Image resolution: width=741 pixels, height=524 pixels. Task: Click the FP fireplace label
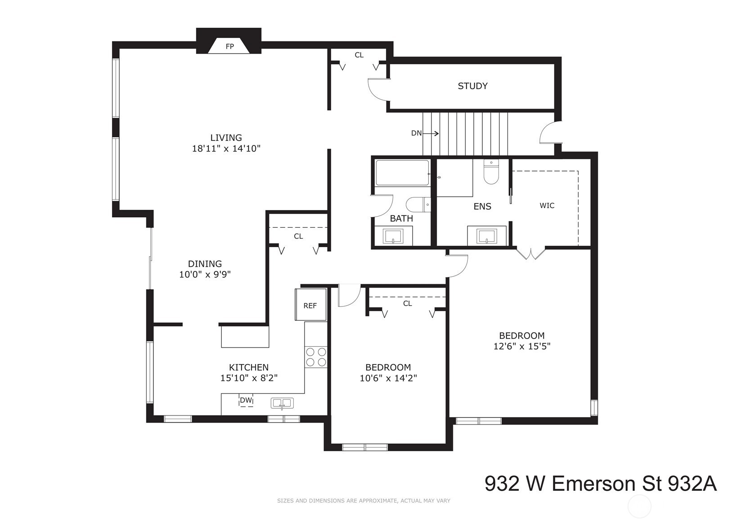tap(229, 46)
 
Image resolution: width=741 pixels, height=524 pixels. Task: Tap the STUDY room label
tap(472, 86)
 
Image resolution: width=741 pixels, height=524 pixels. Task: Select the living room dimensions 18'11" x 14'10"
tap(226, 149)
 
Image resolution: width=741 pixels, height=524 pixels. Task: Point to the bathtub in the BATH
tap(402, 173)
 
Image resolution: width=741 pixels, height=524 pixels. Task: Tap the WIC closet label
tap(547, 206)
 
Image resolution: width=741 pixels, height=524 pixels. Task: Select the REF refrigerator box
tap(310, 305)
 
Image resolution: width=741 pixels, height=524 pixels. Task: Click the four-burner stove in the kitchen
tap(316, 357)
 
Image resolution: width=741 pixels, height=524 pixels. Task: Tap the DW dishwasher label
tap(246, 400)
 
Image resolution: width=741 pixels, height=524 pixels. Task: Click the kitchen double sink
tap(282, 403)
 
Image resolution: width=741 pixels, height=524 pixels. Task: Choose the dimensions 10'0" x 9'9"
tap(205, 275)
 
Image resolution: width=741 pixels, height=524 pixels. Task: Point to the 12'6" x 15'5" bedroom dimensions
tap(522, 346)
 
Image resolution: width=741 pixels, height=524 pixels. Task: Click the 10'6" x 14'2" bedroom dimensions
tap(388, 378)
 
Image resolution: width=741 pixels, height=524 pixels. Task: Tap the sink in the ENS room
tap(487, 236)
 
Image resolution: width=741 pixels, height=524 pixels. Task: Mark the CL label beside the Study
tap(359, 55)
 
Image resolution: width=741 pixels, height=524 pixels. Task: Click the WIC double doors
tap(531, 253)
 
